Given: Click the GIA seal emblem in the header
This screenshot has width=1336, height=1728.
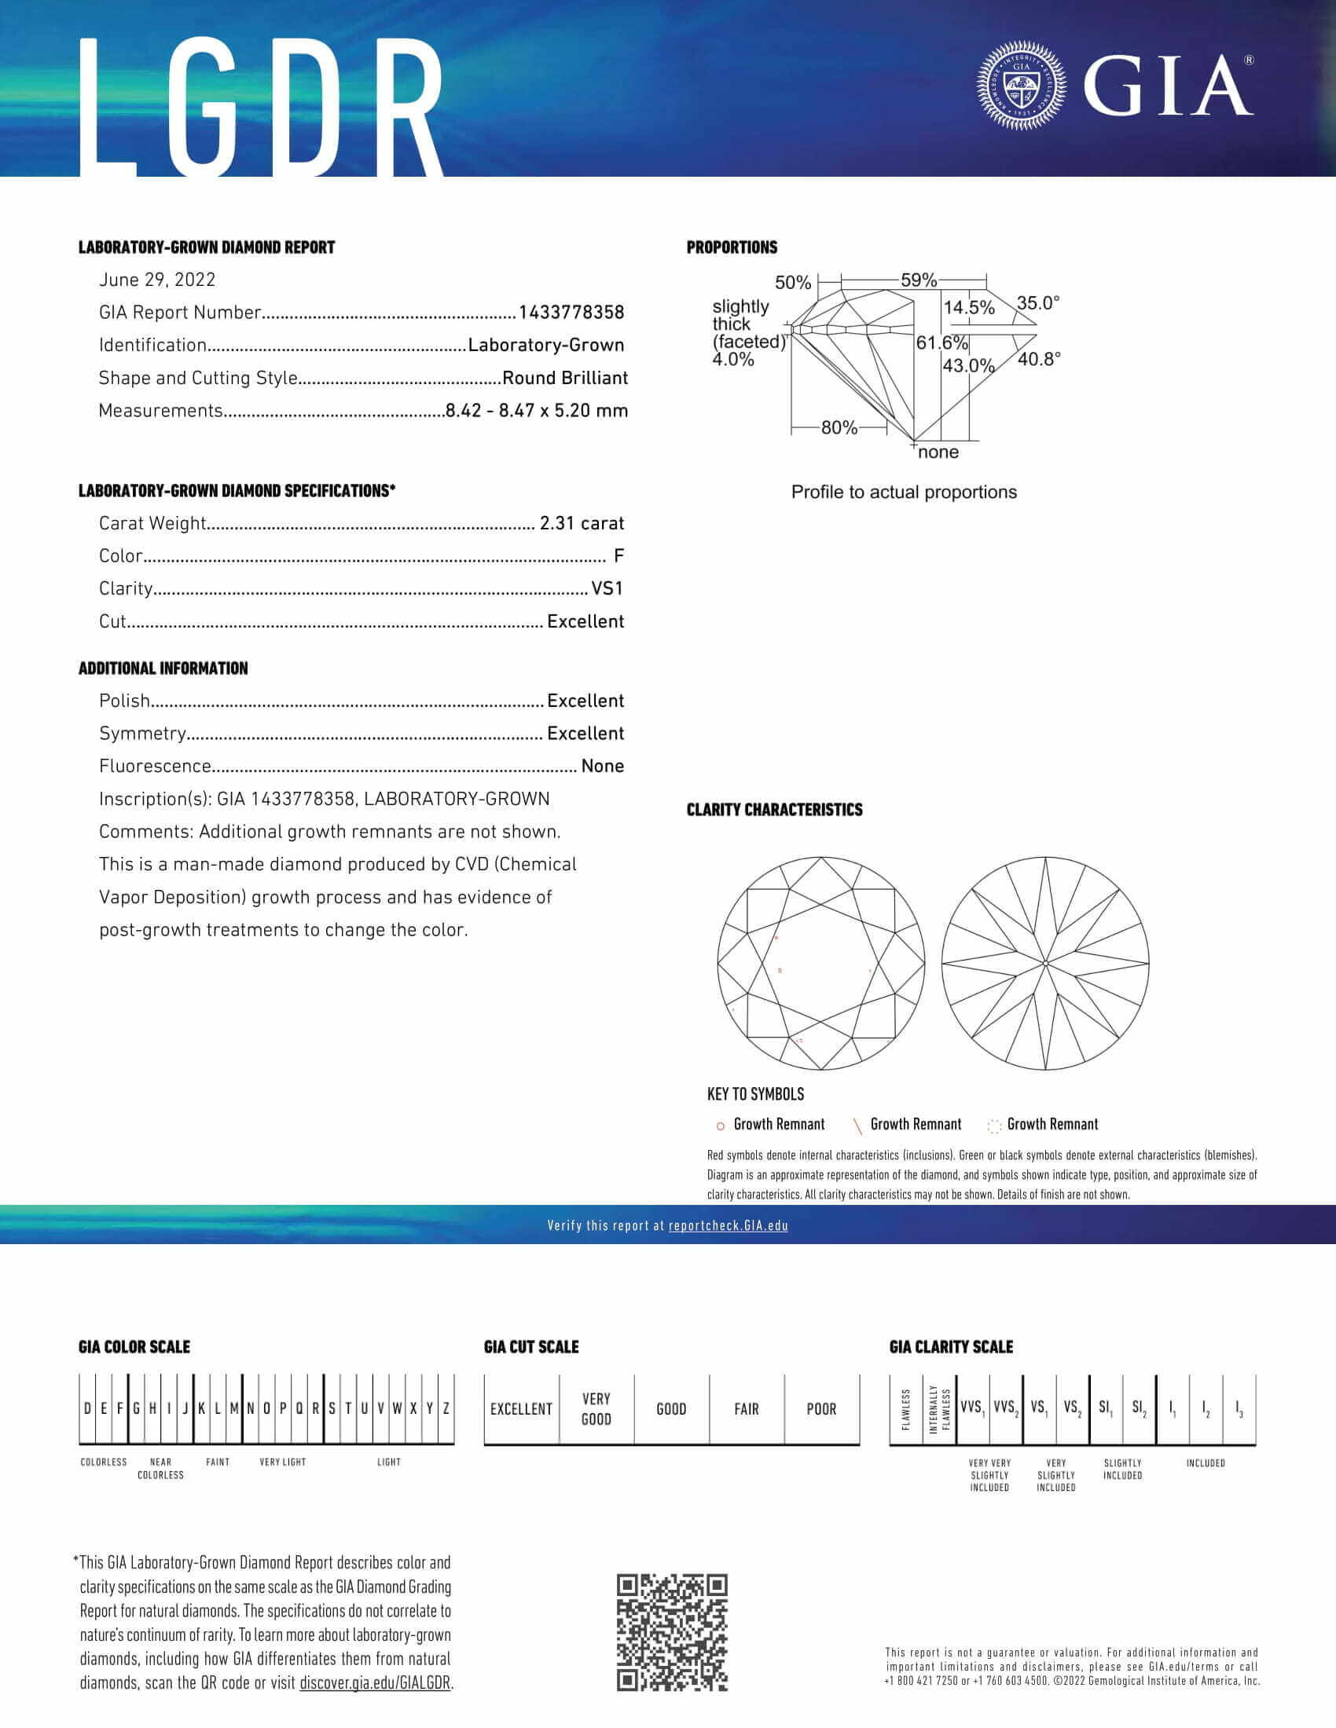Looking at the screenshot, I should (1021, 86).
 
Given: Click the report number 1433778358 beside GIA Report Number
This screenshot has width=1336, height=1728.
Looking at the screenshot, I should (571, 313).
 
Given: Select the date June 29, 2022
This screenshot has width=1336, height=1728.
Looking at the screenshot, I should (156, 280).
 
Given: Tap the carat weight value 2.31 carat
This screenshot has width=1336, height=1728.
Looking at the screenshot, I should (581, 523).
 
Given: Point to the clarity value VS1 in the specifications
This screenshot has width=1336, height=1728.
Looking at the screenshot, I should (607, 588).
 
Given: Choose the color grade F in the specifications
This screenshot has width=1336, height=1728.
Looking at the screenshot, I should (618, 556).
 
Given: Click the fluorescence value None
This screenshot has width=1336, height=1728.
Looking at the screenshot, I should (602, 766).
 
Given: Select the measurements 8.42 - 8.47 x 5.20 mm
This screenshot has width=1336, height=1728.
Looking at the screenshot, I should (536, 411).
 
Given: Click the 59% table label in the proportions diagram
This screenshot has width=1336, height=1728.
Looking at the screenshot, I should (918, 280).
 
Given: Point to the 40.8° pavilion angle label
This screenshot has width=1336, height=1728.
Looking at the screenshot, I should (1038, 359).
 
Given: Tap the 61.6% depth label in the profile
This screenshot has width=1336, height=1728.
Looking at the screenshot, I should (941, 342).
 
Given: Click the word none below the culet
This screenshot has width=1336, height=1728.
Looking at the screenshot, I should (938, 452).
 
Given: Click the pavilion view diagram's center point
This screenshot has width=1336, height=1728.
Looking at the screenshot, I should (1045, 963).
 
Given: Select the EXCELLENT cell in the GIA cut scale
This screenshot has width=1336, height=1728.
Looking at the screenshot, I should (521, 1409).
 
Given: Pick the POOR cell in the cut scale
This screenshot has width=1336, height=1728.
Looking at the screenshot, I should (820, 1409).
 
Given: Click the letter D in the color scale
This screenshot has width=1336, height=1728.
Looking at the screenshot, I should (87, 1408).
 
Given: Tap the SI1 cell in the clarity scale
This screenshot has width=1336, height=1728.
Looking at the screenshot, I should (1106, 1408).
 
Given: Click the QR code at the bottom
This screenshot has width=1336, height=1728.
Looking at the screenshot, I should (672, 1632).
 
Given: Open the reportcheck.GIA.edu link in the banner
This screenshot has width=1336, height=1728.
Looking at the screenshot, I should (728, 1225).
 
